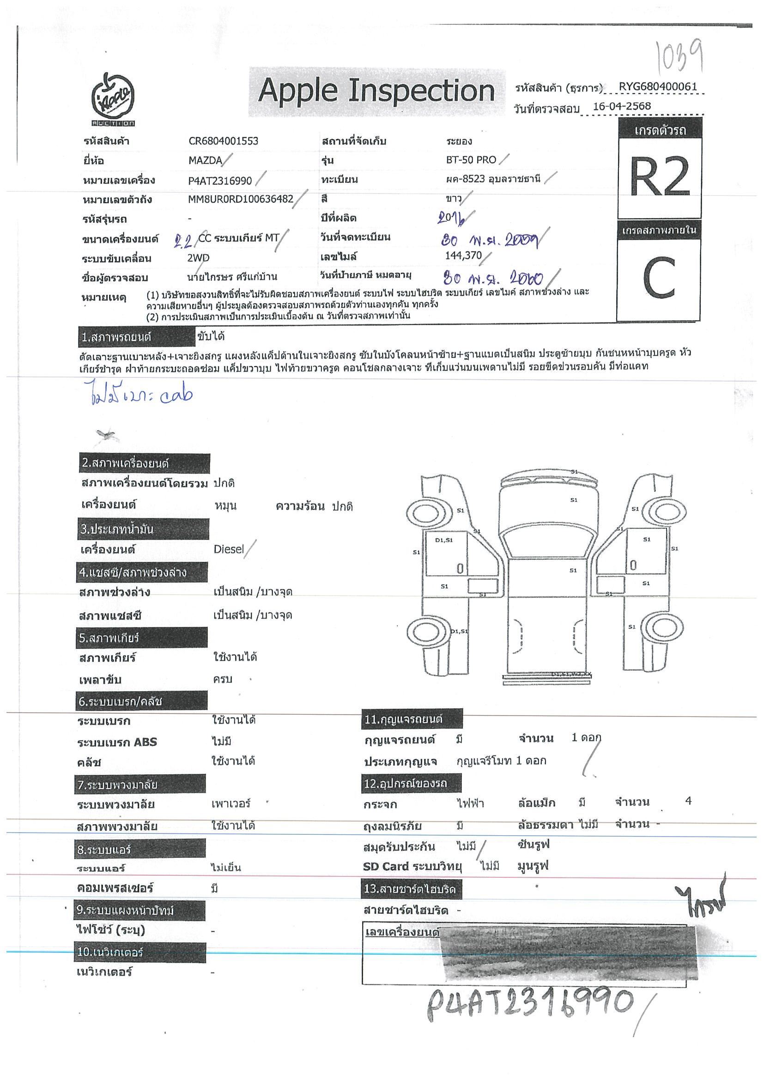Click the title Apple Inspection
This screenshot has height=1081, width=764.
coord(376,91)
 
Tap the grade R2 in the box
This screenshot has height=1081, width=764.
coord(660,177)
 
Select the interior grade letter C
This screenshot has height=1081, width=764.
coord(659,279)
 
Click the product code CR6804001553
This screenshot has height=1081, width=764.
coord(223,141)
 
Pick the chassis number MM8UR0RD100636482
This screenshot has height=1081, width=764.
coord(241,200)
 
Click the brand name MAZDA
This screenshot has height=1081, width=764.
coord(205,161)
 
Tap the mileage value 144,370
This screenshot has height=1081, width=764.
coord(463,255)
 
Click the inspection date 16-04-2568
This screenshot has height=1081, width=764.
coord(621,106)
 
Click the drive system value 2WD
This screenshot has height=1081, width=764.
coord(198,258)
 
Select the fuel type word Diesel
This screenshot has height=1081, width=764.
coord(229,549)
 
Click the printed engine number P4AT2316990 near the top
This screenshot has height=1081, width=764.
coord(220,181)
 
